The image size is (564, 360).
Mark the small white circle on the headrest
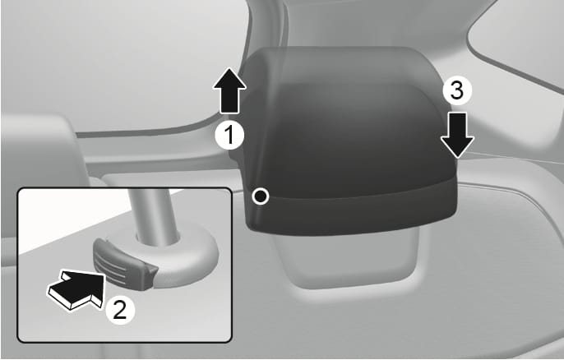(x=261, y=196)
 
